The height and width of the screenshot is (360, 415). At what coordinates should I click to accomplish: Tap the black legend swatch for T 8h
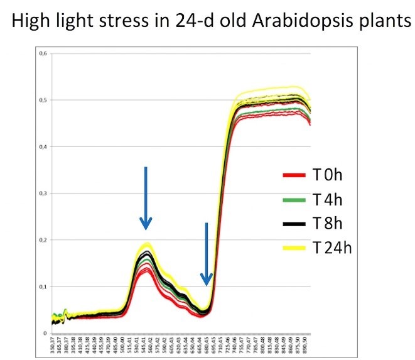294,223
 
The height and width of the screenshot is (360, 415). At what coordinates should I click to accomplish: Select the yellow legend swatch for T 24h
294,248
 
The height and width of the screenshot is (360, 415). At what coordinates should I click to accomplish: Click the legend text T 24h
332,248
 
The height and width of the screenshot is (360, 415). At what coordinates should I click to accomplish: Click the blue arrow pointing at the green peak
146,198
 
